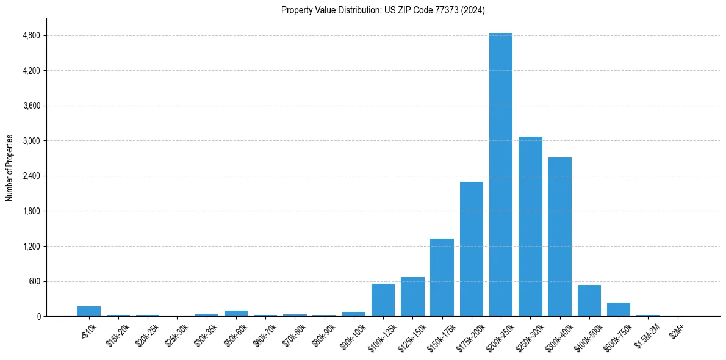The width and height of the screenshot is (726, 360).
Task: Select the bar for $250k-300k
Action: pyautogui.click(x=530, y=226)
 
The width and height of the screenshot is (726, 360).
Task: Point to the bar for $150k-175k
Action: pyautogui.click(x=442, y=277)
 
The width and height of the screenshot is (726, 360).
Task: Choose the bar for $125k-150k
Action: pyautogui.click(x=412, y=297)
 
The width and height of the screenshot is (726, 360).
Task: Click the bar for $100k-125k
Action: pyautogui.click(x=383, y=300)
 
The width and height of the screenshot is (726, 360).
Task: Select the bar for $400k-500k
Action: pyautogui.click(x=589, y=301)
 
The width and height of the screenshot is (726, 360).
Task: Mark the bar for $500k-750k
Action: pyautogui.click(x=618, y=309)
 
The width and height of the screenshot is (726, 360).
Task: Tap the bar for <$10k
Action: pyautogui.click(x=88, y=311)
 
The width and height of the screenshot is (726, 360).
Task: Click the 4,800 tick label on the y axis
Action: pyautogui.click(x=31, y=35)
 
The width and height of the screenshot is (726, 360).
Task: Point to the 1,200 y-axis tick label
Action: pyautogui.click(x=31, y=247)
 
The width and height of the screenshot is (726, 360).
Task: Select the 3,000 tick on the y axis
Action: pyautogui.click(x=31, y=141)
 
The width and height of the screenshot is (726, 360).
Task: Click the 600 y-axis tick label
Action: pyautogui.click(x=34, y=281)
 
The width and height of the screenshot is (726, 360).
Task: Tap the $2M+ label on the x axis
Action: pyautogui.click(x=676, y=328)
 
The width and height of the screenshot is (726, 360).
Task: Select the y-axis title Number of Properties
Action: pyautogui.click(x=10, y=168)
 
